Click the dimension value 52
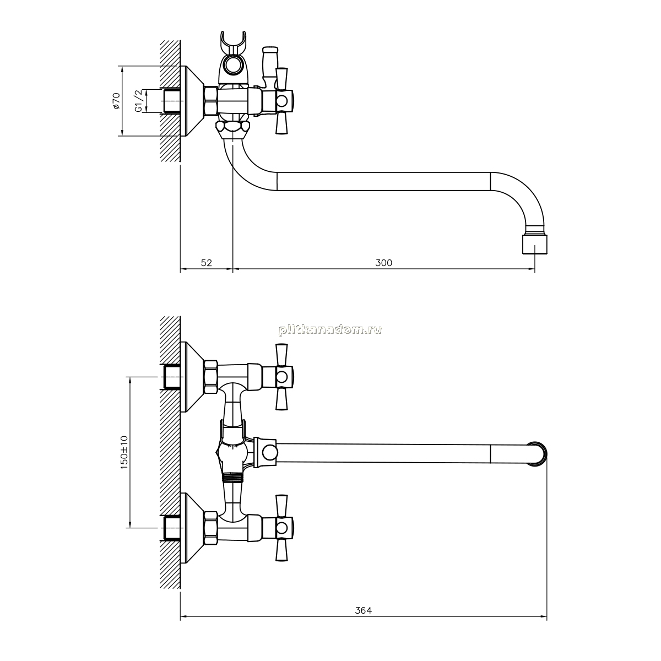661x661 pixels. [207, 263]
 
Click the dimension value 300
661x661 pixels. [383, 263]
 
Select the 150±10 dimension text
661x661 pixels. [124, 452]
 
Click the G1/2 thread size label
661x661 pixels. [138, 101]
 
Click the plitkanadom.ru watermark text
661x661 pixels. [330, 329]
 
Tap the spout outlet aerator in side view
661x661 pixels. [534, 244]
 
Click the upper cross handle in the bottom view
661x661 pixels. [281, 377]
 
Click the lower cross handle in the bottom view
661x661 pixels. [281, 528]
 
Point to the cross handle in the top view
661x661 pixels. [281, 101]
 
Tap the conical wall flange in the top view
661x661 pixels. [192, 101]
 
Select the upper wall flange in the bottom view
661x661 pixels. [192, 377]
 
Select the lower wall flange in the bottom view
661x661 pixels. [192, 528]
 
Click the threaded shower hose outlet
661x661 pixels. [233, 476]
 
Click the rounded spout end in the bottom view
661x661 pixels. [538, 453]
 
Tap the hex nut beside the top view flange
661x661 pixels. [210, 101]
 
